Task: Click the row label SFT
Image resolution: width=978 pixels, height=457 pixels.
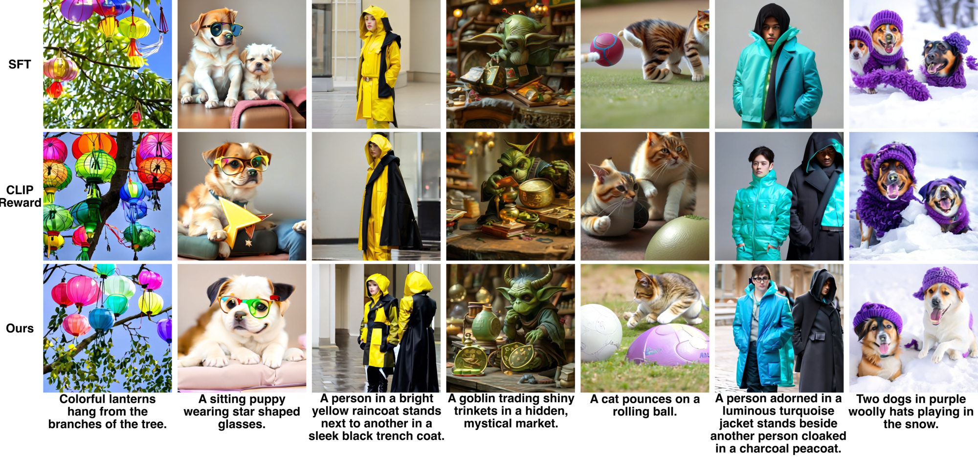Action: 20,64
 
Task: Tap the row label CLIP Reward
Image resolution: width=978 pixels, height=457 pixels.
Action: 20,196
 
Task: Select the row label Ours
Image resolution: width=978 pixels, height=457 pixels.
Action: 20,328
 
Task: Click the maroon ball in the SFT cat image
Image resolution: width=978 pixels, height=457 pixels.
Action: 606,50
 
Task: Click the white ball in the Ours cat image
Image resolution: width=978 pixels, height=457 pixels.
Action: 601,333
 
